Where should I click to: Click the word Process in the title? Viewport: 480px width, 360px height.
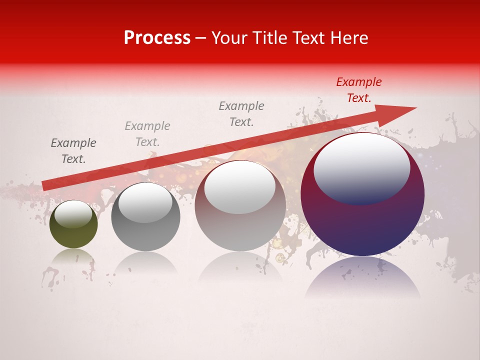(157, 38)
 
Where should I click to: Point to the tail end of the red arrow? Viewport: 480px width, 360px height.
(45, 185)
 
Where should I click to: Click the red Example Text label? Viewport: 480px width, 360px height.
(358, 90)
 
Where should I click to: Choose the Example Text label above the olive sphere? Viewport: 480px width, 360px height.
(73, 151)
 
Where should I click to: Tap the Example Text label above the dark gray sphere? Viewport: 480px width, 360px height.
(147, 134)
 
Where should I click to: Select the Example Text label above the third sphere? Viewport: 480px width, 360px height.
(241, 113)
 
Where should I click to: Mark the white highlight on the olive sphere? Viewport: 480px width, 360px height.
(73, 213)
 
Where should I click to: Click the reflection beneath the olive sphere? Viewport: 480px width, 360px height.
(73, 258)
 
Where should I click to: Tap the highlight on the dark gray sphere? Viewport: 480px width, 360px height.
(145, 202)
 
